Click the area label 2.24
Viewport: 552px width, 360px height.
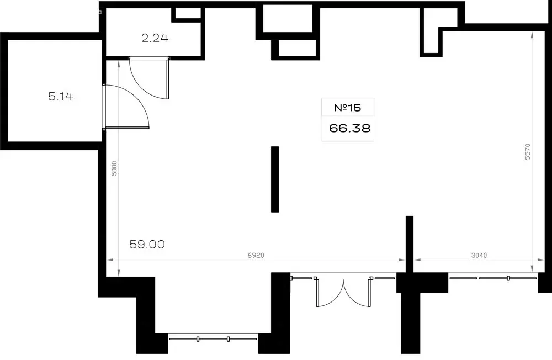155,38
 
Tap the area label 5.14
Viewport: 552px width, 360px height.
61,96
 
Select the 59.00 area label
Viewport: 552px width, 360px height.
147,244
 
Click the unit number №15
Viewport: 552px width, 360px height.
347,108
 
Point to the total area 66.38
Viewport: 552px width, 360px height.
349,128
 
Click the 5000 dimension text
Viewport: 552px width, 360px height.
114,168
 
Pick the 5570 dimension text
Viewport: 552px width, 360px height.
527,151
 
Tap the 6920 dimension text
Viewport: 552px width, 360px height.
256,256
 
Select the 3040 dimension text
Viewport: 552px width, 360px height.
479,256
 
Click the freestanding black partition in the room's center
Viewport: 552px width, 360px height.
275,179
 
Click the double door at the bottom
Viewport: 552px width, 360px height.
343,293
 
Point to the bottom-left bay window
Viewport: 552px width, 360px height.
213,339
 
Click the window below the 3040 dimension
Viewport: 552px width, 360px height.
493,278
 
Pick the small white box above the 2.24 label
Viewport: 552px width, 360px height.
188,13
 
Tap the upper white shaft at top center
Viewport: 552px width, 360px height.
288,18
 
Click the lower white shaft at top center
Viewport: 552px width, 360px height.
297,48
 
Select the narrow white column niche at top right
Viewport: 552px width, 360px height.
433,30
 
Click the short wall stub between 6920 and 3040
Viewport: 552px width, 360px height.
410,244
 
